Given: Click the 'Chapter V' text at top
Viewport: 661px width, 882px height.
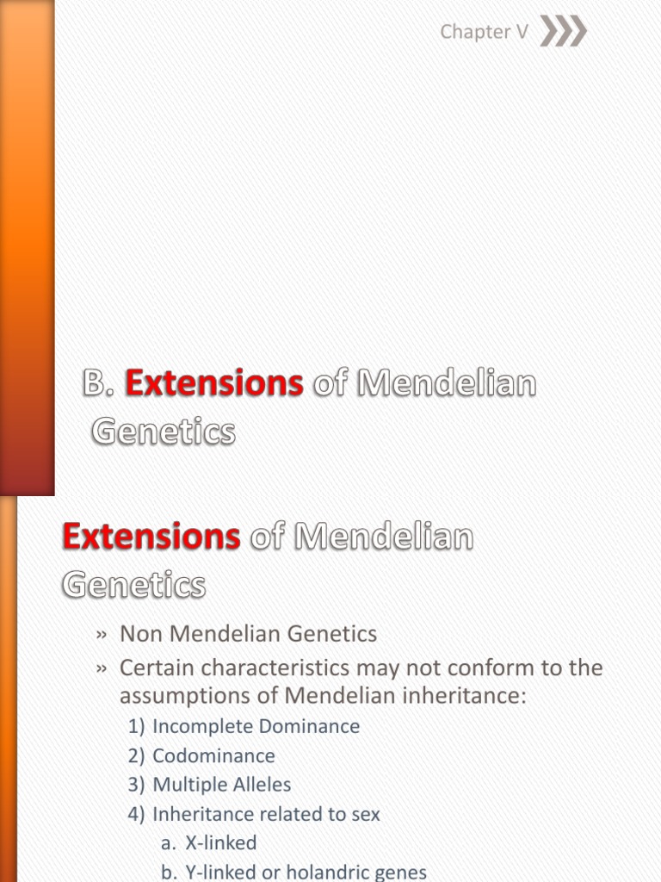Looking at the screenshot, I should (x=484, y=32).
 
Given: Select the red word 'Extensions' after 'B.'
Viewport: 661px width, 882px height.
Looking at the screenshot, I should (x=214, y=385).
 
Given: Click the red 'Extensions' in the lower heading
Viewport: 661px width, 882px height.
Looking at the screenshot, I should (x=151, y=537).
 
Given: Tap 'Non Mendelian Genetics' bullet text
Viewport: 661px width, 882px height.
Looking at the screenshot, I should (x=248, y=635).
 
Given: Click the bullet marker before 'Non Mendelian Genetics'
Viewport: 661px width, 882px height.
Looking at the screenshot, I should (x=101, y=636).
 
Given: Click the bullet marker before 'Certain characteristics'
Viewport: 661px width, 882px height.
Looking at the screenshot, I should (x=101, y=669).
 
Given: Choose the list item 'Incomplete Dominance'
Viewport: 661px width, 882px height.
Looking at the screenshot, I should (x=256, y=726).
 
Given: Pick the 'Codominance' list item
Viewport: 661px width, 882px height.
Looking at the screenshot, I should (x=213, y=756).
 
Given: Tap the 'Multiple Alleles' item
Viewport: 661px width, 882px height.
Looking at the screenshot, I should (x=221, y=785).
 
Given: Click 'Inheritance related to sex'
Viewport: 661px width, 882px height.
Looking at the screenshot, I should (x=266, y=814).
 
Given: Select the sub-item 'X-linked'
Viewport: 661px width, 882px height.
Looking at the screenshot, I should (x=220, y=843).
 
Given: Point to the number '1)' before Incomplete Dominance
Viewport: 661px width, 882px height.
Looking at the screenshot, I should (x=136, y=726).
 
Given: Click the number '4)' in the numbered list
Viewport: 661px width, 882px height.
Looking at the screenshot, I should (x=136, y=814).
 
